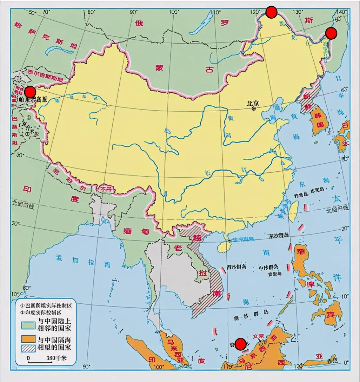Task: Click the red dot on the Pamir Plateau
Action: click(30, 92)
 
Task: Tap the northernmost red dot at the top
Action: click(271, 12)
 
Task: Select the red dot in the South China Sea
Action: click(240, 344)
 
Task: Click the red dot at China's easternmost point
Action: click(331, 33)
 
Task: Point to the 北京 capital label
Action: click(253, 104)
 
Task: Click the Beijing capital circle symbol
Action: click(254, 109)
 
